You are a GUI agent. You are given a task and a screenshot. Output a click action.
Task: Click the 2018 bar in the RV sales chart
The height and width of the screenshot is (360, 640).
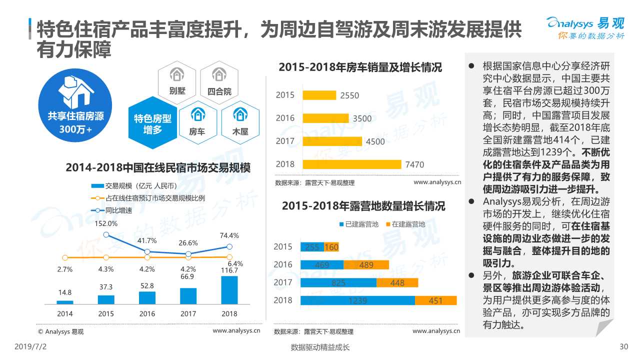(x=351, y=164)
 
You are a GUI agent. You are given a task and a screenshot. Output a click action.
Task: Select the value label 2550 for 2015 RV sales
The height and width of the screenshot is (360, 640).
(x=349, y=95)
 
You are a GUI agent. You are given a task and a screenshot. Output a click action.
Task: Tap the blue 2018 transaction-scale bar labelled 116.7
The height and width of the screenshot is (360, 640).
(x=229, y=290)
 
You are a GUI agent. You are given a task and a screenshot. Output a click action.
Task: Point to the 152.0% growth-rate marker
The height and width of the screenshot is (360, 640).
(x=106, y=234)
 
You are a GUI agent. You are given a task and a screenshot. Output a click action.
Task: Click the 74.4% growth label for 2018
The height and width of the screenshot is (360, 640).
(x=229, y=235)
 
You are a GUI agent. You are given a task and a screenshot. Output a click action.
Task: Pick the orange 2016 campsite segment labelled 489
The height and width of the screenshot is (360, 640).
(x=366, y=265)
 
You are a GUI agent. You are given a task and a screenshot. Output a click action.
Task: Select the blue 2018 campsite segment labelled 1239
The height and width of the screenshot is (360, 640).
(x=357, y=300)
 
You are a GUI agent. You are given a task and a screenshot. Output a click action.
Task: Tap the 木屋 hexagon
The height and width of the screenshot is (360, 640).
(x=240, y=121)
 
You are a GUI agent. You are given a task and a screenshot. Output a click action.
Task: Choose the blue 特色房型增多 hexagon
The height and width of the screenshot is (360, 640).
(x=152, y=122)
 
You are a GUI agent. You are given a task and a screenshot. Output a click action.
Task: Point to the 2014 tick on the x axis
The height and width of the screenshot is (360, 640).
(x=64, y=314)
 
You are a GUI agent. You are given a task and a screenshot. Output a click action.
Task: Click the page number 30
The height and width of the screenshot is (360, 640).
(x=623, y=347)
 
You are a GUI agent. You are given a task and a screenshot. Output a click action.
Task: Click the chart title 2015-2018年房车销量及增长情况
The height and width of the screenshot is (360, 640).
(x=360, y=67)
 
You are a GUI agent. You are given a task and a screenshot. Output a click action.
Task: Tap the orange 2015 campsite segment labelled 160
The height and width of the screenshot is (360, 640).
(x=331, y=247)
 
